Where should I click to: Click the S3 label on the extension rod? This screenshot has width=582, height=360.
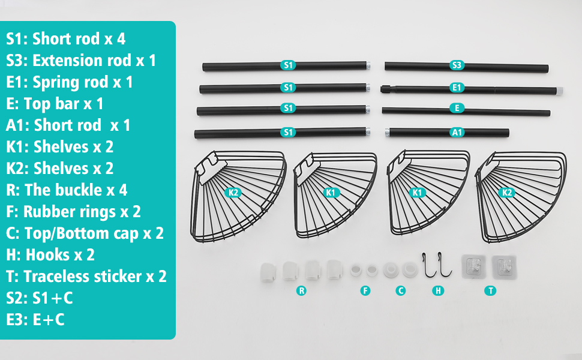457,65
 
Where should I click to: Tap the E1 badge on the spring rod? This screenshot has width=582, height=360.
457,88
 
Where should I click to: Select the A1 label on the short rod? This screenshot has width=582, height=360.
457,132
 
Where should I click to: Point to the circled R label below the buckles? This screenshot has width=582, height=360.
301,290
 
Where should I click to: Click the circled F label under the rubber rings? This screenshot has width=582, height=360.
365,290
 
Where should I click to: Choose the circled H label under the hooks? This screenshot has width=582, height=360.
438,290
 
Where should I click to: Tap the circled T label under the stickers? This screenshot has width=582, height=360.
490,290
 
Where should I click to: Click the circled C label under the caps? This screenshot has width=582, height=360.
400,290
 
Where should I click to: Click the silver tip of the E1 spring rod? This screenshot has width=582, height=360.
559,91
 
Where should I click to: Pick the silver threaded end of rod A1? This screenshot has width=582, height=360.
387,133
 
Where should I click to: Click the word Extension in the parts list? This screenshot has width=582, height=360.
82,61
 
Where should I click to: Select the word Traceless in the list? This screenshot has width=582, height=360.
82,277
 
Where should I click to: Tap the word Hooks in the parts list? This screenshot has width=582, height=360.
48,255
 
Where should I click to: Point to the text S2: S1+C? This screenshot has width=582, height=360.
40,298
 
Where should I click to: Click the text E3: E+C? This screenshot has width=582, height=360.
35,320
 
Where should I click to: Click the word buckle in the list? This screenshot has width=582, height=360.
76,190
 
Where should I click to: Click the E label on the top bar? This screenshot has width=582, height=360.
457,108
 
